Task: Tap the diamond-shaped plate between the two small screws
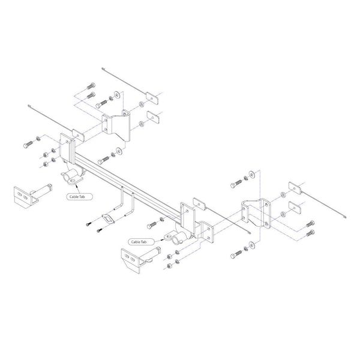(107, 218)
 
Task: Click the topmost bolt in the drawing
(91, 86)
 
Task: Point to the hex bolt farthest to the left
(28, 145)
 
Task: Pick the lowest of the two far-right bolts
(310, 233)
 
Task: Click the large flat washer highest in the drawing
(118, 94)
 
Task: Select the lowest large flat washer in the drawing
(252, 245)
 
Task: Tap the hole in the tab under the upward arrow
(73, 181)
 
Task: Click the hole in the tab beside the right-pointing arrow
(169, 236)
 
